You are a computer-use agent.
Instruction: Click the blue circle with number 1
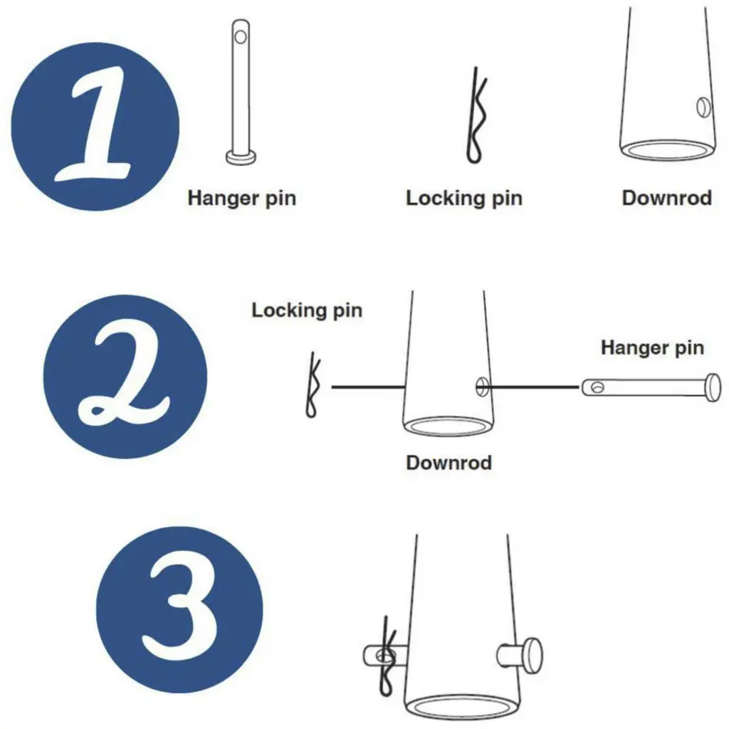point(95,127)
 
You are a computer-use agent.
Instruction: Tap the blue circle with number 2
point(125,377)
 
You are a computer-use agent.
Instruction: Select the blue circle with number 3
point(179,609)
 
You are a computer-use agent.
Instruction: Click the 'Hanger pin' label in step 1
point(242,199)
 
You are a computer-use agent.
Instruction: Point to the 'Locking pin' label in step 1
point(464,199)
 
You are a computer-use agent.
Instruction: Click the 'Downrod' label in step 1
point(666,198)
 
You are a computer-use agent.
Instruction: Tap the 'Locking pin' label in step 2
point(307,310)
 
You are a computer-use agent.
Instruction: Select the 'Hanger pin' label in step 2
point(652,347)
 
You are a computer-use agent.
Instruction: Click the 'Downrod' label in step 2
point(449,463)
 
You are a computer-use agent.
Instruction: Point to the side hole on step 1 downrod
point(703,107)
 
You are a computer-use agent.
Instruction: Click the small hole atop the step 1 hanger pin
point(241,36)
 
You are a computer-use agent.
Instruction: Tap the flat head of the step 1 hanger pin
point(241,157)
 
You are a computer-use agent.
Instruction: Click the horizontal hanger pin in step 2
point(651,387)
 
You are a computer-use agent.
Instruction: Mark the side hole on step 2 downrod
point(483,386)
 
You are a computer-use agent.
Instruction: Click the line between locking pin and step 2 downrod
point(368,387)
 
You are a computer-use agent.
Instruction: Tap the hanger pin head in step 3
point(532,656)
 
